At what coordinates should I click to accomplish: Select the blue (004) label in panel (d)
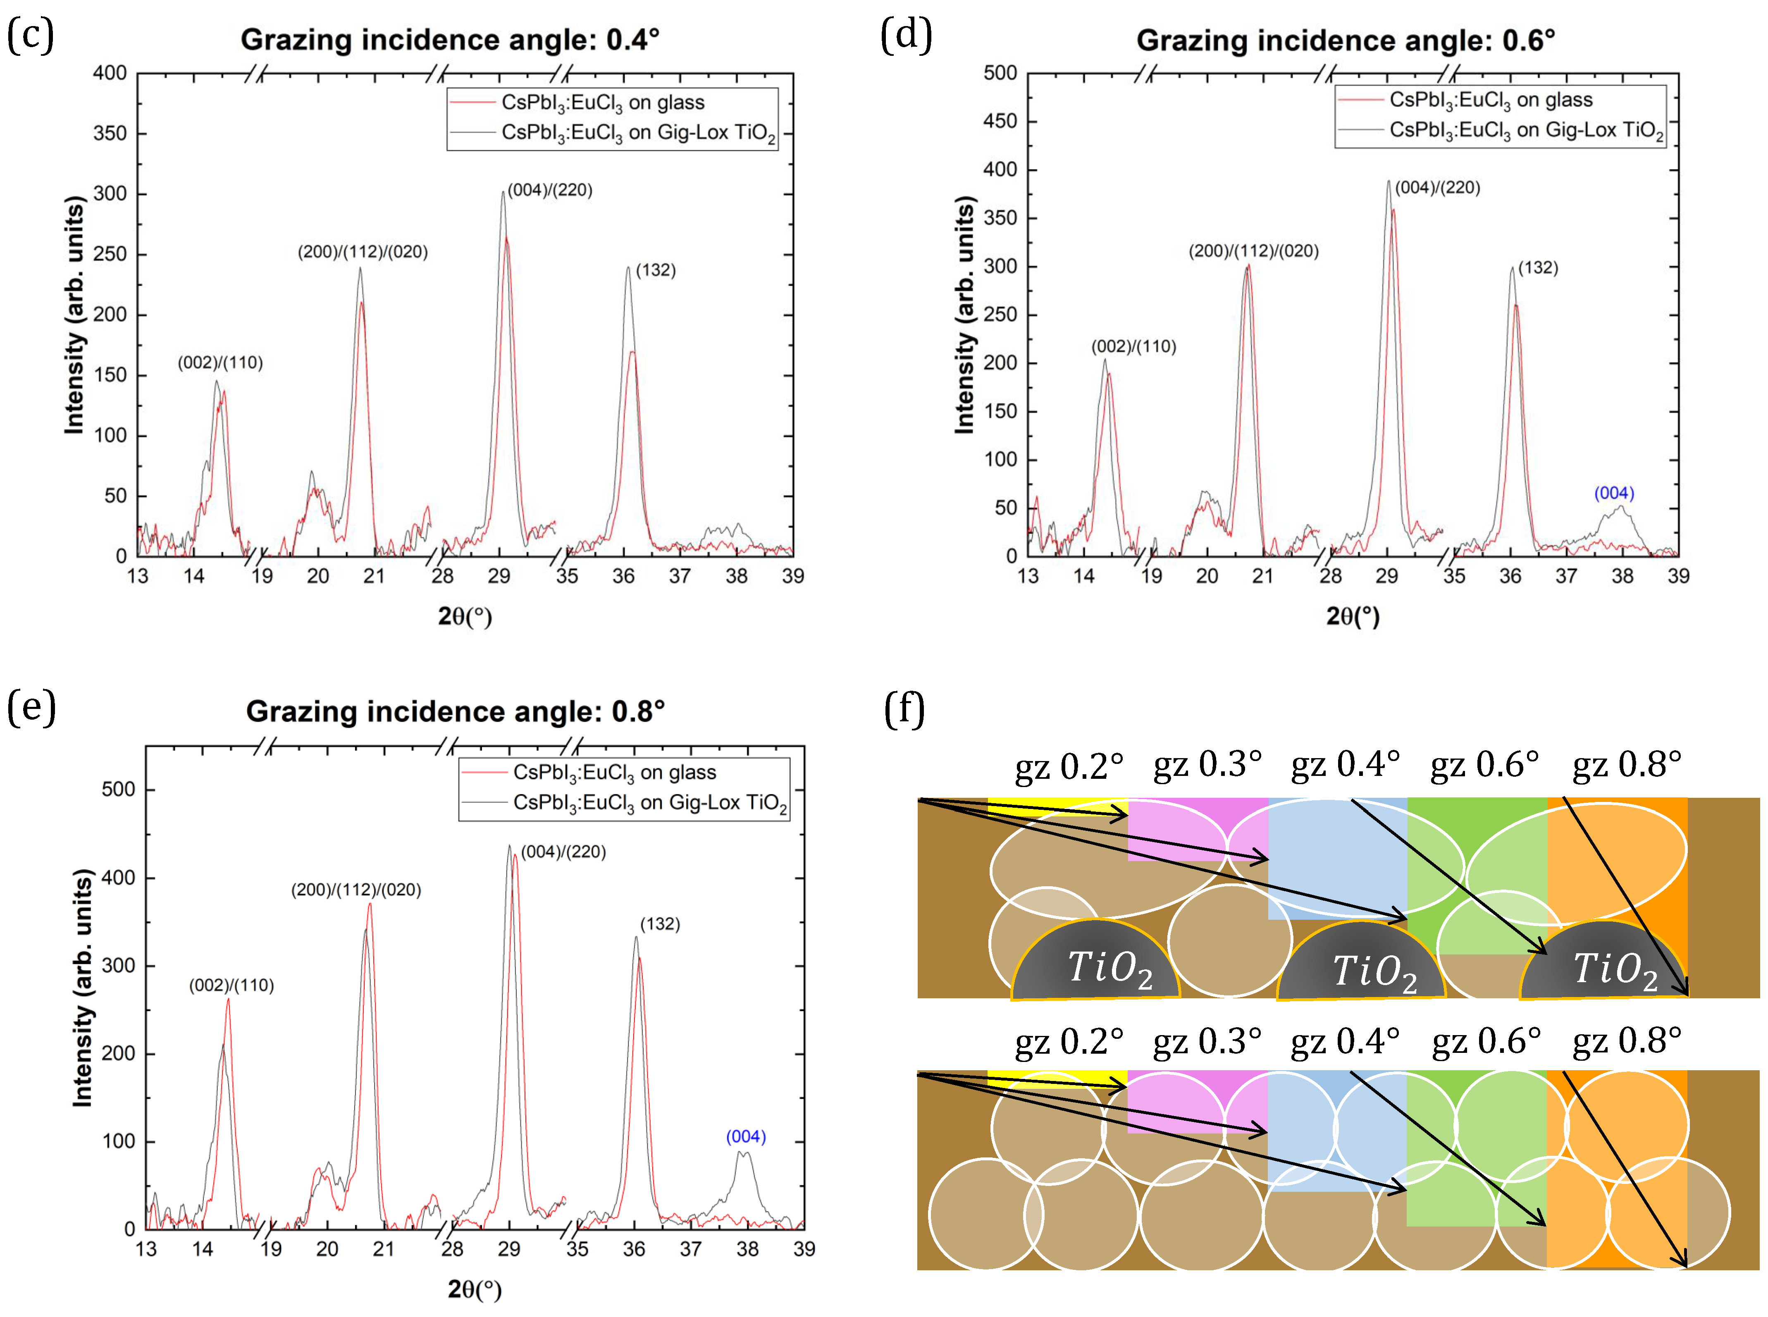coord(1613,494)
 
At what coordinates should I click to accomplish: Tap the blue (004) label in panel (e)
coord(745,1137)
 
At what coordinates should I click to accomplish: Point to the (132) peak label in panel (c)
coord(655,270)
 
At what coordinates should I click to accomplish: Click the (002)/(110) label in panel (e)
coord(231,985)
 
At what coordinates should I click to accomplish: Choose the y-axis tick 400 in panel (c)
coord(110,73)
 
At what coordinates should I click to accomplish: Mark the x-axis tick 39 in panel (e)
coord(804,1249)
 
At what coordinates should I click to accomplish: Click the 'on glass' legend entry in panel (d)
coord(1491,100)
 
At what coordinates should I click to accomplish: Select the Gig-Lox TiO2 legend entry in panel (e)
coord(650,803)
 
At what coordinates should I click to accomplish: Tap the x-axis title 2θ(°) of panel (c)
coord(465,616)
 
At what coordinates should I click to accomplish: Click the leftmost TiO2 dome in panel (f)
coord(1096,965)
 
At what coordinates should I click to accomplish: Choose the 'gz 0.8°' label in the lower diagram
coord(1626,1041)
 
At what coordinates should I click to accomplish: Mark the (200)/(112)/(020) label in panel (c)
coord(363,252)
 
